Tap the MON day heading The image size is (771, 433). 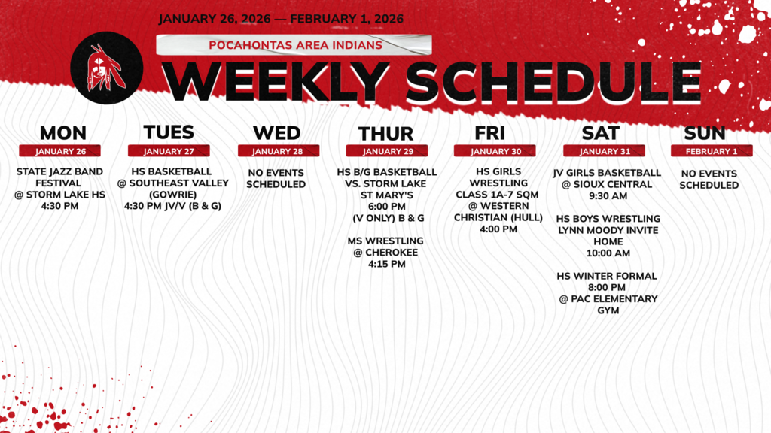tap(62, 133)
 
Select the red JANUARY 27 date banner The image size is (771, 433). tap(169, 151)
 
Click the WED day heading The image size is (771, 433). tap(276, 133)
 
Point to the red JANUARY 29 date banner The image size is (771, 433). tap(385, 151)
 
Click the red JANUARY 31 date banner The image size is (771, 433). tap(604, 151)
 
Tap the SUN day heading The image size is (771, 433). tap(705, 133)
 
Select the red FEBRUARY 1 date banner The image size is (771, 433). tap(712, 151)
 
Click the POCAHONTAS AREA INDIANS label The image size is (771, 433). tap(295, 45)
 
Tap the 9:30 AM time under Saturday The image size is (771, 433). tap(607, 195)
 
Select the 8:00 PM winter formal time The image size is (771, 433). tap(607, 287)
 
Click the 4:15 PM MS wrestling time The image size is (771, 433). tap(385, 264)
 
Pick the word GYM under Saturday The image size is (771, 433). tap(607, 310)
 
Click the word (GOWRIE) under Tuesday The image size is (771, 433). tap(172, 195)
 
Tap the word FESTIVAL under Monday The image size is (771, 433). tap(60, 183)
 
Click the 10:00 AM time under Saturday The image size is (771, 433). tap(607, 253)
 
